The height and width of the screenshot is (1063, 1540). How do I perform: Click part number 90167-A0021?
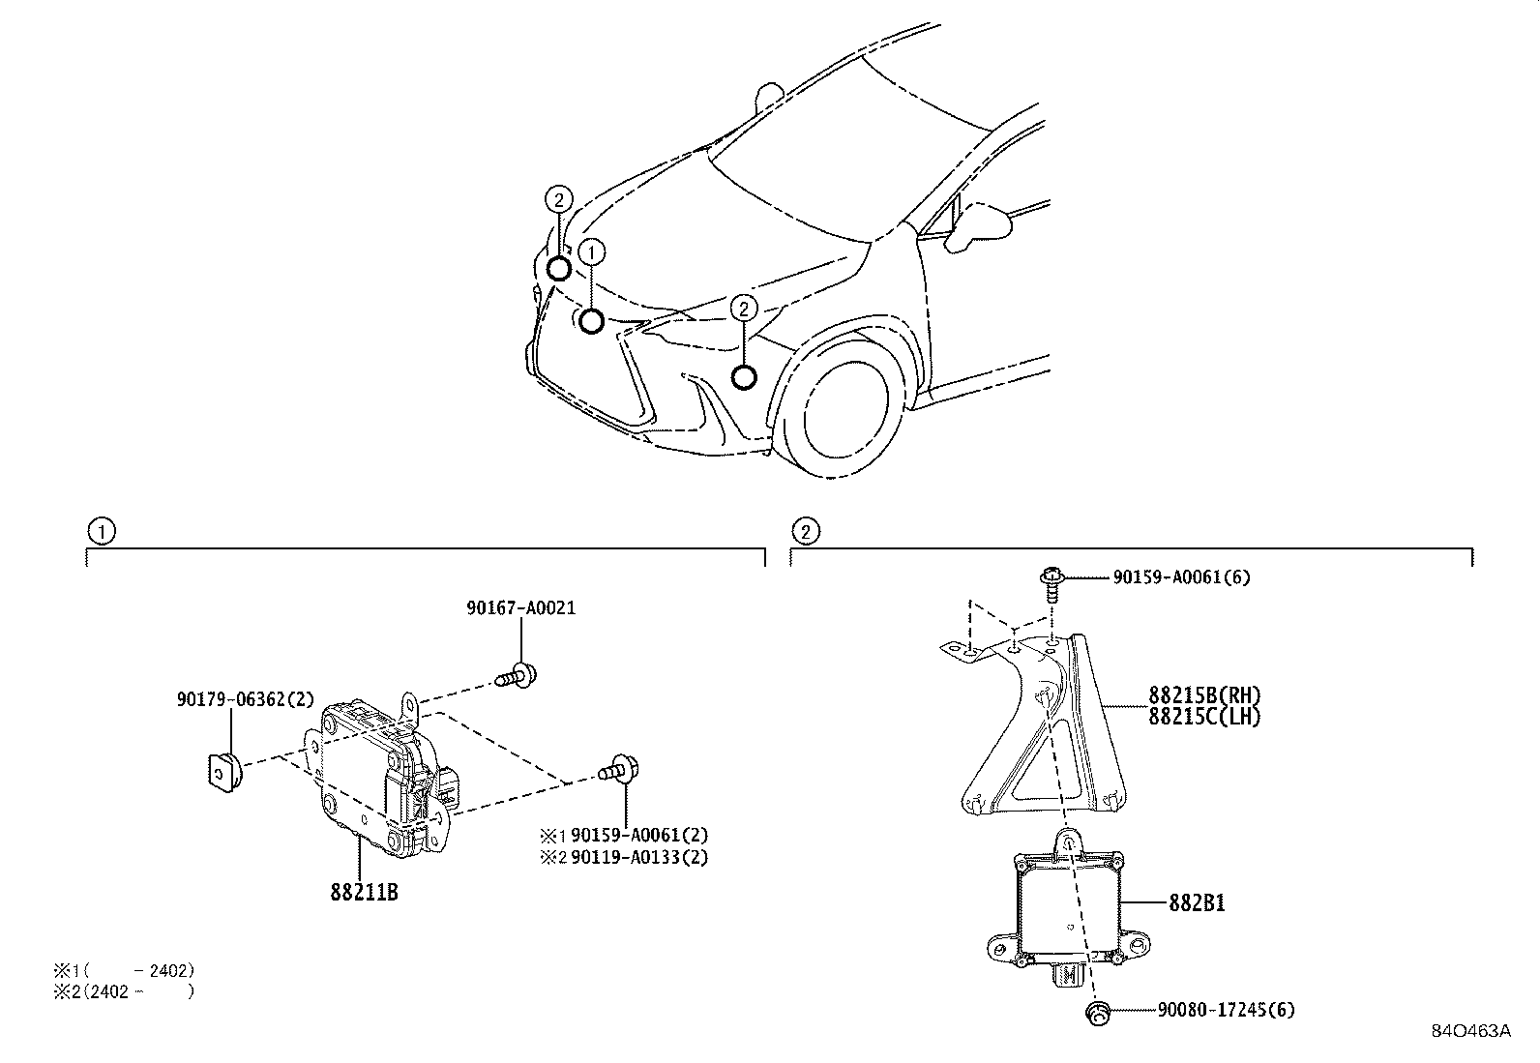[x=520, y=608]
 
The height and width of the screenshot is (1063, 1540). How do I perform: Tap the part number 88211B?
[x=364, y=893]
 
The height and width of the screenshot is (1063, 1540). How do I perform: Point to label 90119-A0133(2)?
[x=639, y=857]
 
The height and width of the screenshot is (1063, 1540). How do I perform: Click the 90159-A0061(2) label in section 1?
[x=639, y=835]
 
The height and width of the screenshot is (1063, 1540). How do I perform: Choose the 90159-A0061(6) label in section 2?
[x=1181, y=577]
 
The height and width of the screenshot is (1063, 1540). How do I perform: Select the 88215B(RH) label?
[x=1205, y=695]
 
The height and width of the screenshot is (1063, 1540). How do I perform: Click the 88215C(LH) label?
[x=1205, y=717]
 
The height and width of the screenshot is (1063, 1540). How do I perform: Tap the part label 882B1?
[x=1198, y=903]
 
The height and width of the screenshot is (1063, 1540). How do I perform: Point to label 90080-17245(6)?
[x=1226, y=1010]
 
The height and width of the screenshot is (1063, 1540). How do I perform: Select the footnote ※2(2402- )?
[x=124, y=991]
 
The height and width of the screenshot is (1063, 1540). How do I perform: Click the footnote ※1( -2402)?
[x=124, y=969]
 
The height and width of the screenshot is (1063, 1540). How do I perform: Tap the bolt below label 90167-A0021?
[x=519, y=674]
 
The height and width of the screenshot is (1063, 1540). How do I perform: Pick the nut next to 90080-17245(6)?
[x=1097, y=1012]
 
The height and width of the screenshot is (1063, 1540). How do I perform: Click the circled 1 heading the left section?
[x=100, y=531]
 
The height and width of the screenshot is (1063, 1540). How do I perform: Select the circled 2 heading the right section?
[x=804, y=531]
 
